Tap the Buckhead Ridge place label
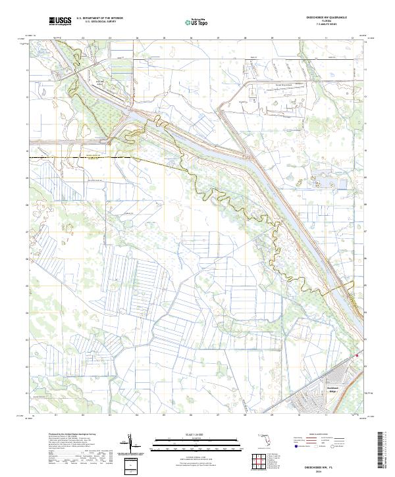[x=337, y=389]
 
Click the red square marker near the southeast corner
[x=357, y=356]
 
